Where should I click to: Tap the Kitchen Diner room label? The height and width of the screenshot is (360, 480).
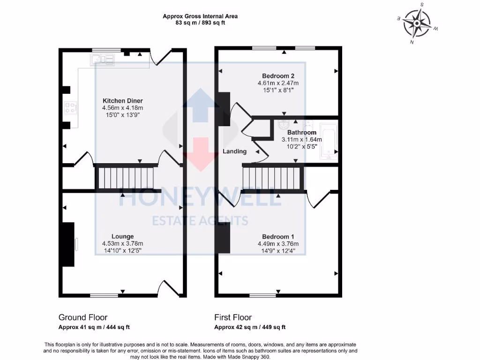[122, 101]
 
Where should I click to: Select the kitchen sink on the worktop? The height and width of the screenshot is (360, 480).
[103, 59]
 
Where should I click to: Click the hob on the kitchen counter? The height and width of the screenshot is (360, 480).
[71, 108]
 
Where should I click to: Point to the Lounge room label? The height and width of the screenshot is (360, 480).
[122, 236]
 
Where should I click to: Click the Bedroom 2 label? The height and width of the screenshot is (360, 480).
[278, 76]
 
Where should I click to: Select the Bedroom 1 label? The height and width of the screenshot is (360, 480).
[278, 237]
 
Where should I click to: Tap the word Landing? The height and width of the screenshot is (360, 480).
[234, 151]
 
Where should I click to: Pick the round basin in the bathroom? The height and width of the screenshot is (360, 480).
[283, 125]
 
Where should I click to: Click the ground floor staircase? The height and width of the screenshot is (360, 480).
[125, 178]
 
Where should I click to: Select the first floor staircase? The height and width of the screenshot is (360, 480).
[272, 178]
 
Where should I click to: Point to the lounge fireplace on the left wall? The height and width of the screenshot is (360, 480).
[68, 244]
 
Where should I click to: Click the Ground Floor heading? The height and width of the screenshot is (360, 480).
[83, 317]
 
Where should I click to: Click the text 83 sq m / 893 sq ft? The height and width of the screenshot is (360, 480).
[200, 23]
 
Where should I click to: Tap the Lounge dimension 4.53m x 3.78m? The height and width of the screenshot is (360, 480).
[122, 244]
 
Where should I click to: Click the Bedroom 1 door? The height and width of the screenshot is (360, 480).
[318, 199]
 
